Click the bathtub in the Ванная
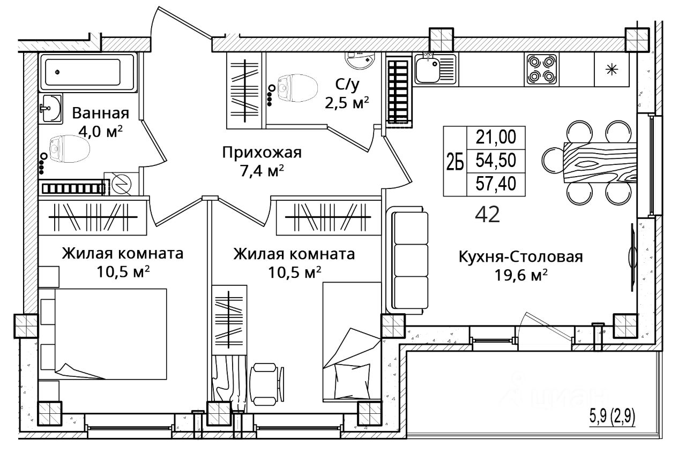pos(88,72)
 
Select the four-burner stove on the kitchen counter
pos(542,70)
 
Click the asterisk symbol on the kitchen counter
pos(612,70)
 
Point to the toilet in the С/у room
pos(296,88)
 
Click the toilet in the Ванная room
pos(69,149)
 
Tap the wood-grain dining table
pos(600,162)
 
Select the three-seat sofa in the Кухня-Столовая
pos(408,260)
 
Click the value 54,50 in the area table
pos(496,160)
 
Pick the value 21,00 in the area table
pos(496,137)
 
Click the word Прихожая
pos(262,153)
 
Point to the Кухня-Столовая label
pos(520,257)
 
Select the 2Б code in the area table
pos(455,161)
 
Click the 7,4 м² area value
pos(262,170)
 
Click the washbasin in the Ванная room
pos(51,108)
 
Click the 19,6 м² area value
pos(521,275)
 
